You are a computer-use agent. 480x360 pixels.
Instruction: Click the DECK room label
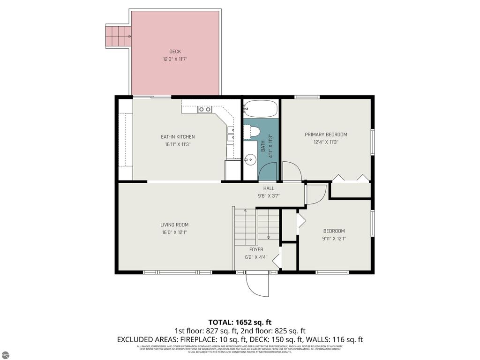(x=175, y=52)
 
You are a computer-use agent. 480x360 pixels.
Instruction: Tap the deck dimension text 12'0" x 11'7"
(x=175, y=60)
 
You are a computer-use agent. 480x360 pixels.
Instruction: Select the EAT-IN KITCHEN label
(x=178, y=137)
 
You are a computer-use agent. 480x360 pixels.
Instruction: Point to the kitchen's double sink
(x=204, y=109)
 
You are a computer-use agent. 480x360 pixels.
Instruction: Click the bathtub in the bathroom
(x=261, y=110)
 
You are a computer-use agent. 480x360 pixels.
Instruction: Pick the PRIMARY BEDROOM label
(x=326, y=135)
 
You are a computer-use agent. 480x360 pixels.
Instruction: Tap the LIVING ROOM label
(x=174, y=225)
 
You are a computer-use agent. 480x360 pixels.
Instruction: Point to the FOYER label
(x=256, y=249)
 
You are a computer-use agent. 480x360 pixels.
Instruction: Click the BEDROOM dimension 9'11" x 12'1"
(x=334, y=239)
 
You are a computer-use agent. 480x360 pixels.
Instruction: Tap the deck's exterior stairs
(x=118, y=36)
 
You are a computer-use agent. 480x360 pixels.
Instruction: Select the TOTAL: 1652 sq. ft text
(x=240, y=322)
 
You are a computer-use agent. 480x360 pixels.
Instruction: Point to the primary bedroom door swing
(x=289, y=170)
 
